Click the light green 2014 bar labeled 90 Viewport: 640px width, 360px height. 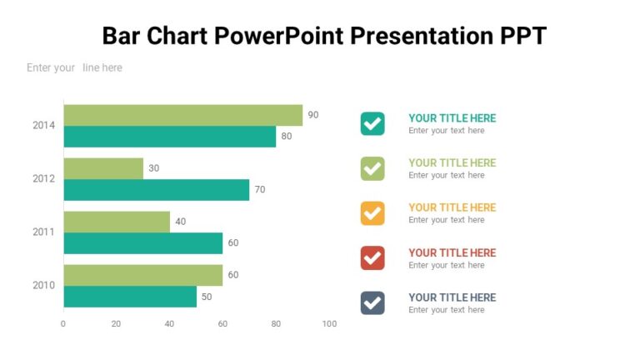tap(182, 115)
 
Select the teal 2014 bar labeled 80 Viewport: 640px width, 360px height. tap(169, 137)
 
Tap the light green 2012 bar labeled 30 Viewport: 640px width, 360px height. tap(103, 168)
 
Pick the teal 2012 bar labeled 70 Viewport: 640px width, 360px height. tap(156, 190)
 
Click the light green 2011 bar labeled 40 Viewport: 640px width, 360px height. tap(117, 222)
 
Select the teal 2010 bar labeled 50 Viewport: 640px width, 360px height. tap(130, 297)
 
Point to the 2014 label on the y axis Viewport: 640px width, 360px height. tap(43, 126)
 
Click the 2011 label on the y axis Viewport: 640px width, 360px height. tap(43, 232)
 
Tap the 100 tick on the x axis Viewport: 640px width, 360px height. tap(329, 324)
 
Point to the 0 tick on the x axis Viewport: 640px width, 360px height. tap(63, 324)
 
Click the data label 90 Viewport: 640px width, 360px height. tap(313, 115)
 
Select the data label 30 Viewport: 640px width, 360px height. tap(153, 168)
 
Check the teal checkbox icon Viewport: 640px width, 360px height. tap(372, 123)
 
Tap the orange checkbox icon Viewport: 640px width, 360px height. tap(372, 213)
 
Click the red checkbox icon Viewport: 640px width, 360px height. tap(372, 258)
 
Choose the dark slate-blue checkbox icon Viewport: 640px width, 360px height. tap(372, 302)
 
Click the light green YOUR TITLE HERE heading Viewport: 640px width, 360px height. tap(452, 162)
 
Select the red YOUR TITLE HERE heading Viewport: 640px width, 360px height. tap(452, 252)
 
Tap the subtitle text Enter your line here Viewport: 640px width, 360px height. tap(74, 67)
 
